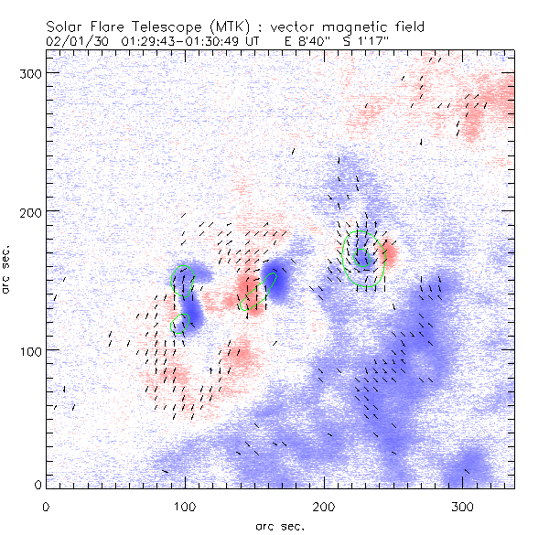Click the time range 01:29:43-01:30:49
tap(185, 41)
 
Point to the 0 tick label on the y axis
tap(38, 485)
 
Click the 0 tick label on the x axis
tap(46, 505)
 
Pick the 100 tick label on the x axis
tap(185, 505)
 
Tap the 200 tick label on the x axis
tap(324, 505)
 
